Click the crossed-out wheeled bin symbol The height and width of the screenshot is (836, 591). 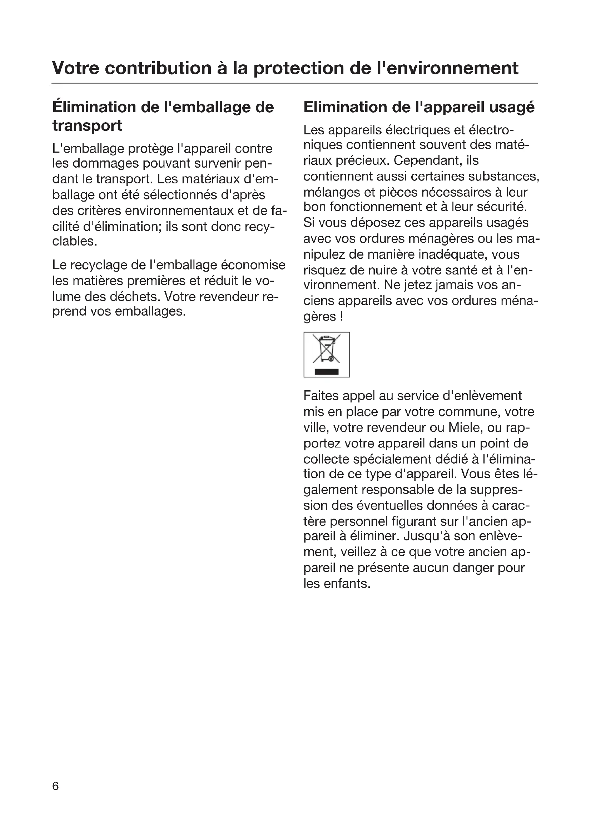coord(327,349)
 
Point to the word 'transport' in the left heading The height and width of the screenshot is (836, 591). coord(87,125)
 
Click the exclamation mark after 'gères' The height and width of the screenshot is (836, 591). coord(341,316)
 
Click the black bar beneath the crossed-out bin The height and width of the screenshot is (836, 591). coord(327,371)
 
